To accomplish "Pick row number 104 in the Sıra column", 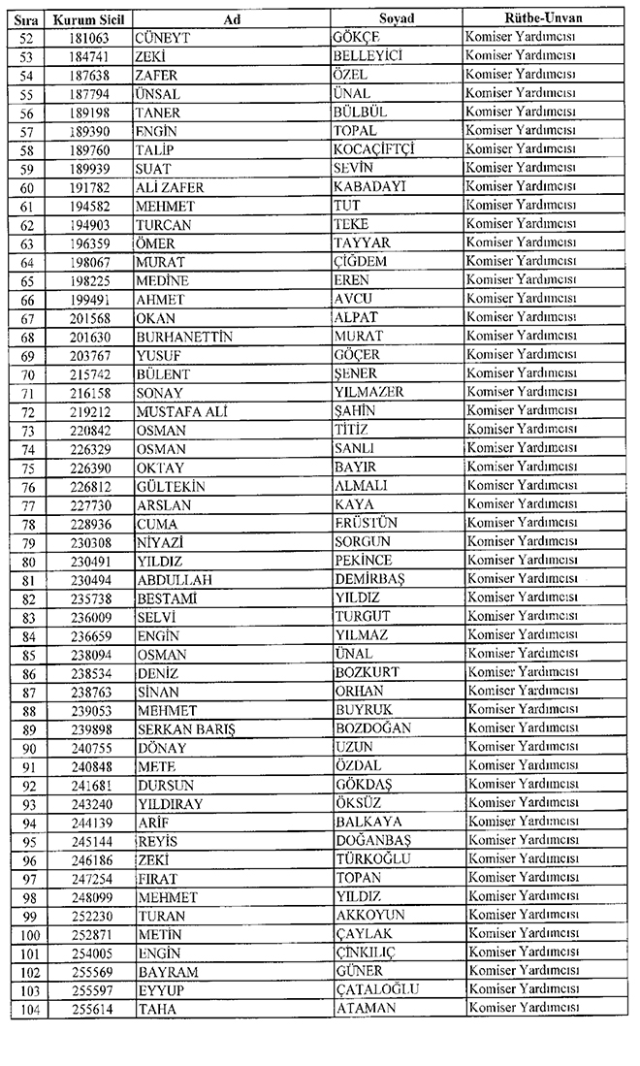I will point(25,1008).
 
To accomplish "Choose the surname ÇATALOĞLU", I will point(376,989).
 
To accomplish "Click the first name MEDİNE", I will point(163,280).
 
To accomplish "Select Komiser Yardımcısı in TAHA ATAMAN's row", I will point(523,1008).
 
